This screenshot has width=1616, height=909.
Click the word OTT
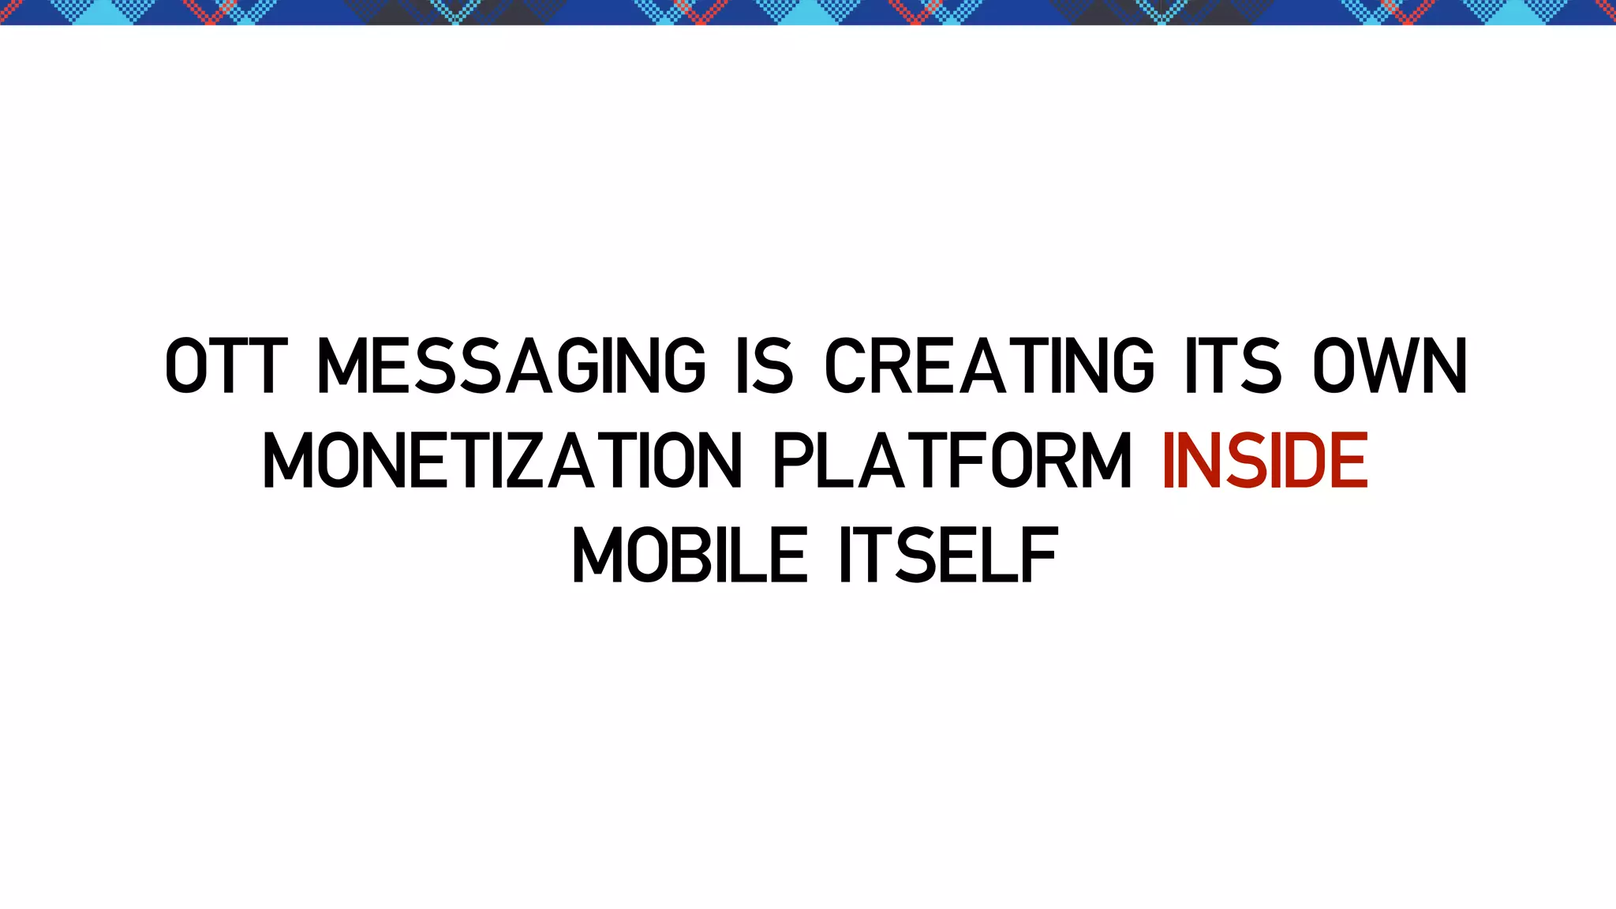pyautogui.click(x=222, y=365)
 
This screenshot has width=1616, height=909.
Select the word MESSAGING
pyautogui.click(x=511, y=365)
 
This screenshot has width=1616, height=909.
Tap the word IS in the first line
pyautogui.click(x=765, y=365)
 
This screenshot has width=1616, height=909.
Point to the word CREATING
pyautogui.click(x=989, y=365)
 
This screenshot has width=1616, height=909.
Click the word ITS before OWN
pyautogui.click(x=1233, y=365)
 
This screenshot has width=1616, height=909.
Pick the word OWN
pyautogui.click(x=1390, y=365)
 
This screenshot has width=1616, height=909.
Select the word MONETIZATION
pyautogui.click(x=503, y=461)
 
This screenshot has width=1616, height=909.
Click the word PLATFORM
pyautogui.click(x=953, y=461)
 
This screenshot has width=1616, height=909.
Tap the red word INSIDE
pyautogui.click(x=1266, y=461)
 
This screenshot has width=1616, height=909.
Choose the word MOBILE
pyautogui.click(x=690, y=555)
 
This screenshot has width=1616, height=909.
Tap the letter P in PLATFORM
pyautogui.click(x=794, y=461)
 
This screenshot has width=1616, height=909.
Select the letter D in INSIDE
pyautogui.click(x=1300, y=461)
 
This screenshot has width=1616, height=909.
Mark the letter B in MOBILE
pyautogui.click(x=690, y=555)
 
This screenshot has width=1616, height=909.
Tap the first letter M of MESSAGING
pyautogui.click(x=341, y=365)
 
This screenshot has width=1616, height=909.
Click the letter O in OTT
pyautogui.click(x=186, y=365)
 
